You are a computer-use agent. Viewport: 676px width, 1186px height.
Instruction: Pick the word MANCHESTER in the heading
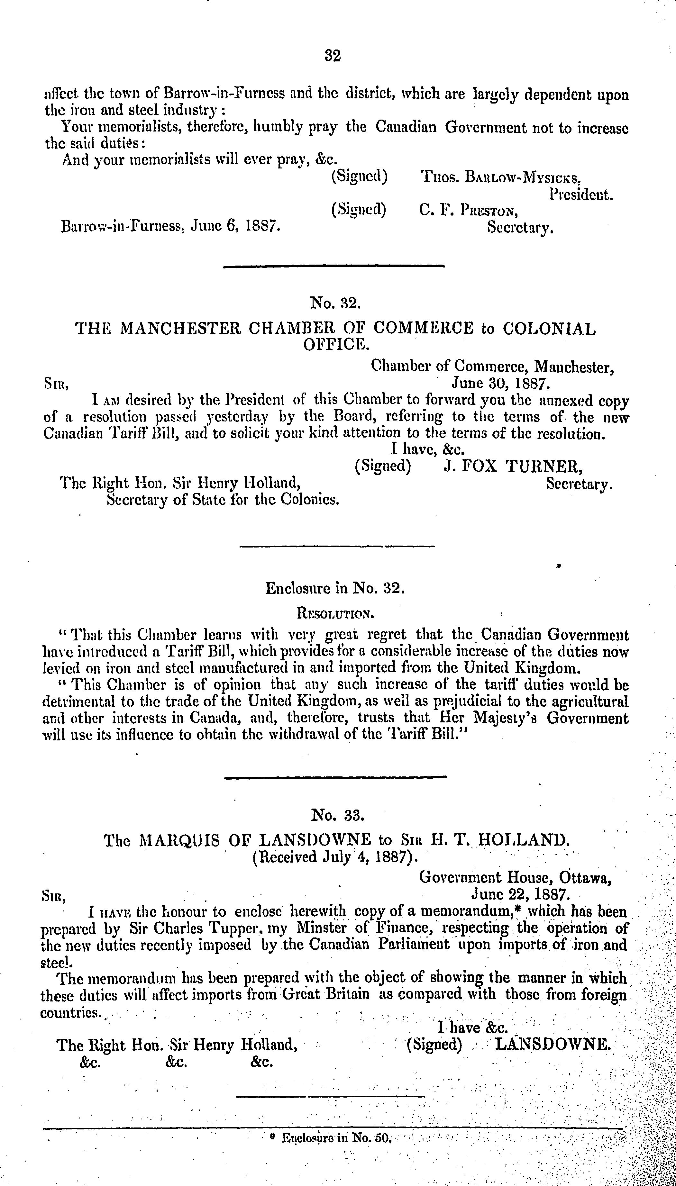(x=181, y=329)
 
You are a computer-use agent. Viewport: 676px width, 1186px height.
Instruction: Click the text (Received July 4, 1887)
(x=335, y=856)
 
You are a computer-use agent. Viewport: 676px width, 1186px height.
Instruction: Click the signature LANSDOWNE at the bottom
(x=553, y=1045)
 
